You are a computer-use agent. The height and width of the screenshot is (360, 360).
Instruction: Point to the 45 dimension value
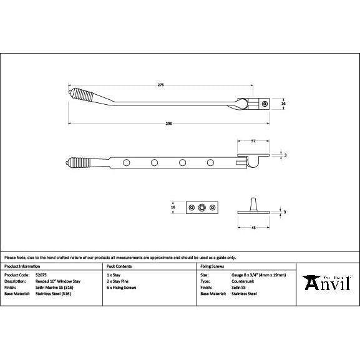253,228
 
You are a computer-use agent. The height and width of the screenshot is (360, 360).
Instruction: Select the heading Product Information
22,266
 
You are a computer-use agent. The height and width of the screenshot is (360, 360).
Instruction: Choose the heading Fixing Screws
212,266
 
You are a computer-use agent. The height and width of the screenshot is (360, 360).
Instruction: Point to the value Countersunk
234,281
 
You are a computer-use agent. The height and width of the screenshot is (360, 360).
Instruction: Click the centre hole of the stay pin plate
201,207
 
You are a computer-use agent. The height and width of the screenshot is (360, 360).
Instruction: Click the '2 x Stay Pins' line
118,281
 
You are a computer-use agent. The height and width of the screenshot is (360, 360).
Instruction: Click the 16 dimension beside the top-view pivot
284,104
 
